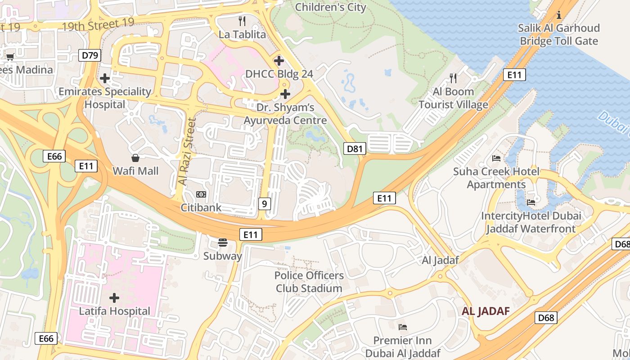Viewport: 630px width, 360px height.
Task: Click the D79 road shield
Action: (x=90, y=56)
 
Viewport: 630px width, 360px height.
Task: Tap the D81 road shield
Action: (x=354, y=149)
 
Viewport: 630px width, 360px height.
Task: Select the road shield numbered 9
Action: (x=264, y=204)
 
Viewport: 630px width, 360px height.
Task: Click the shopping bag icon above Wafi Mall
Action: (x=135, y=158)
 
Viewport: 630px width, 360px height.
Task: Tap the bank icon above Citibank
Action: (x=201, y=194)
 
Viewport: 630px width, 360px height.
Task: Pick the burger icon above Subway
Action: (x=222, y=243)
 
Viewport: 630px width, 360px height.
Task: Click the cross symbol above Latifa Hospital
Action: (x=114, y=297)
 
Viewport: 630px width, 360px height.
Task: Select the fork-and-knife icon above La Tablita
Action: (x=242, y=21)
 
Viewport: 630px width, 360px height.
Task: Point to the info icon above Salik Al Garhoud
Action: (x=559, y=15)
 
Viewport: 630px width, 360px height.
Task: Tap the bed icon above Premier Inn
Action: (x=403, y=327)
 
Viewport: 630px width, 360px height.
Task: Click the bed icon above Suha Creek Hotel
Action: (x=496, y=158)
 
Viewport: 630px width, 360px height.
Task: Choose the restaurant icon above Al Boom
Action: (x=453, y=78)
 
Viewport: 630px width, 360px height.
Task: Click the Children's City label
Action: (x=330, y=7)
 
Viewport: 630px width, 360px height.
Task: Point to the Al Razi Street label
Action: (x=187, y=151)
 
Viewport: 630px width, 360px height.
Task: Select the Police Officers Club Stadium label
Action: (x=309, y=282)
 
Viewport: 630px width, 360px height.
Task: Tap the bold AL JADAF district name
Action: (x=486, y=311)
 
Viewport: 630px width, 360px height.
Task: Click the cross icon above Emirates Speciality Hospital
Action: (x=105, y=78)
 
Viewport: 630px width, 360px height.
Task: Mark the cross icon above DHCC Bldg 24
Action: (x=279, y=60)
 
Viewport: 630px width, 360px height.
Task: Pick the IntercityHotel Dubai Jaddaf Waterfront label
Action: (x=531, y=222)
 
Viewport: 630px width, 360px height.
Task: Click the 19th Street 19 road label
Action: (x=98, y=26)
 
